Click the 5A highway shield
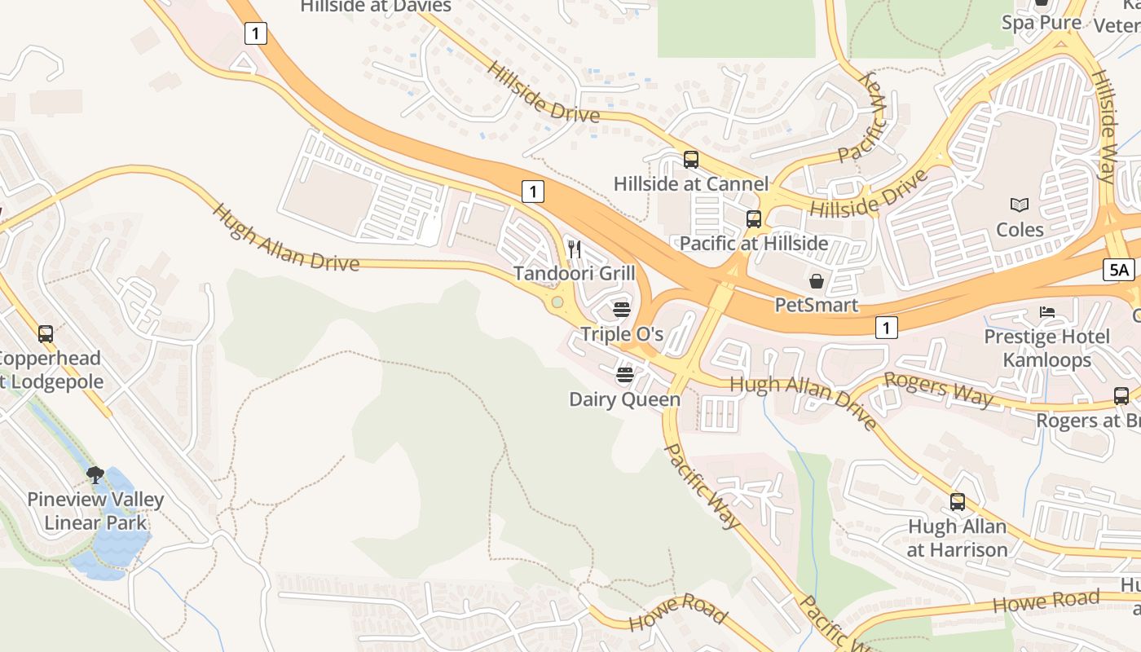(1119, 270)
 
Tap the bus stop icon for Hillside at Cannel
(691, 160)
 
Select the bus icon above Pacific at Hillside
(754, 218)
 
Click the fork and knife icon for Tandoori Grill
(575, 249)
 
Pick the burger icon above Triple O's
(622, 310)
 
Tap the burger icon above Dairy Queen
(625, 375)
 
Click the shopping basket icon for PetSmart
(816, 281)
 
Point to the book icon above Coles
(1019, 205)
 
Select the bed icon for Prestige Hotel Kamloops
(1047, 312)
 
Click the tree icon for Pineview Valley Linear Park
(95, 474)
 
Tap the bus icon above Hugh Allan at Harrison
(958, 502)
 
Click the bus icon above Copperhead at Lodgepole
(46, 333)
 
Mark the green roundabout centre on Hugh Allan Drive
(557, 302)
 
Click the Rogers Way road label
(939, 389)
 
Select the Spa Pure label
(1042, 23)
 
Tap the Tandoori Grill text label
(574, 273)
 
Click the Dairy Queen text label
(624, 399)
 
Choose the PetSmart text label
(816, 305)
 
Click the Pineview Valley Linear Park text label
(95, 511)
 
